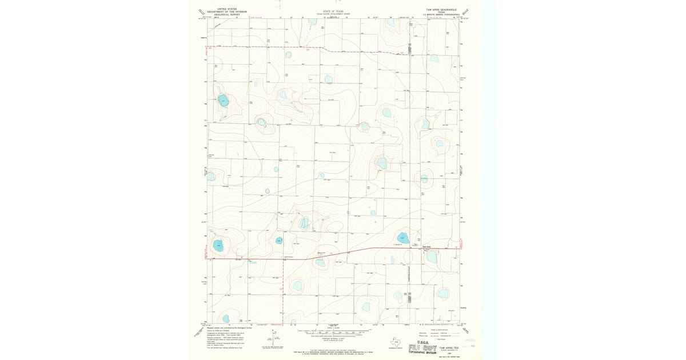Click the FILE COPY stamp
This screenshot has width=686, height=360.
422,348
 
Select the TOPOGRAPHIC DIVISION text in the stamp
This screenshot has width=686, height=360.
422,353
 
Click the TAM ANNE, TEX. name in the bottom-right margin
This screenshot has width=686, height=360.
448,347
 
